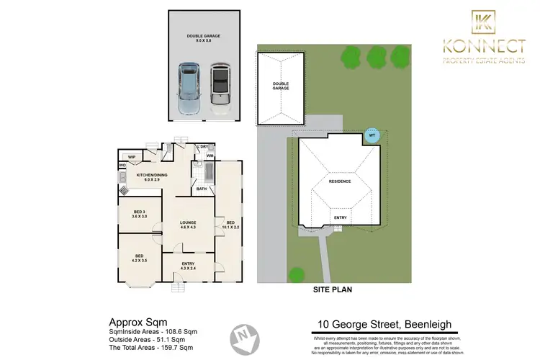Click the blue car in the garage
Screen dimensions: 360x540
coord(189,89)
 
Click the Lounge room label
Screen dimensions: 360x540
coord(189,225)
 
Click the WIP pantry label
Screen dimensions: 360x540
coord(132,157)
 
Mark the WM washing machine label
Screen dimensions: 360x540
coord(210,156)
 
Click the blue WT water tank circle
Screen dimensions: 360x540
coord(372,135)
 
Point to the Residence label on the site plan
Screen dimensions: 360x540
coord(341,181)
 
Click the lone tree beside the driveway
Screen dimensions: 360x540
coord(295,274)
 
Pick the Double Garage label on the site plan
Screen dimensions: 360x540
coord(280,86)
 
